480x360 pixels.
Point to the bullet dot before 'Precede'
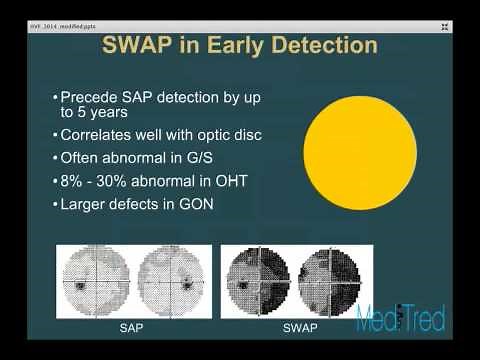pyautogui.click(x=54, y=99)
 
